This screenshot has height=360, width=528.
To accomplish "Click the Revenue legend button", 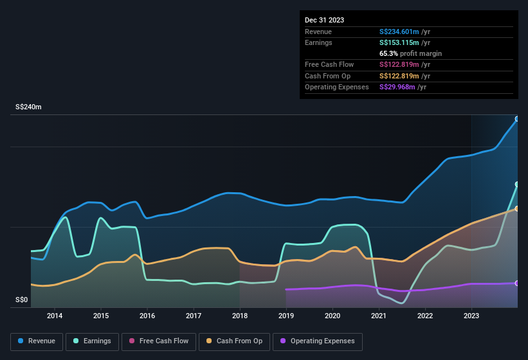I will tap(37, 341).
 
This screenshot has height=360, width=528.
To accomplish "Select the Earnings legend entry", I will tap(93, 341).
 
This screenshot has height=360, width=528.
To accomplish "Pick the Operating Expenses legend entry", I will tap(318, 341).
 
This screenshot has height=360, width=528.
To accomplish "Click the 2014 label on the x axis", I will tap(55, 316).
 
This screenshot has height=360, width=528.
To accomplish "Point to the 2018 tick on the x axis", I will tap(240, 316).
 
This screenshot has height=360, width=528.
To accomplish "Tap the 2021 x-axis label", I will tap(379, 316).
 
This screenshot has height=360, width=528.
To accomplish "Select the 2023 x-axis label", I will tap(471, 316).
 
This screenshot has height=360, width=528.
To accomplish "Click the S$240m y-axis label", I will tap(28, 107).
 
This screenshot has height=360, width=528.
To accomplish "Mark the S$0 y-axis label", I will tap(22, 300).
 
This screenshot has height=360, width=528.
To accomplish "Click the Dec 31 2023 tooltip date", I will tap(324, 20).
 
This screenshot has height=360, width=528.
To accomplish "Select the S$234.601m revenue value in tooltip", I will tap(399, 32).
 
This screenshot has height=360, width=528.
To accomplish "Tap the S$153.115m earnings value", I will tap(399, 42).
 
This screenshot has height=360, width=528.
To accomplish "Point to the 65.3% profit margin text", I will tap(410, 53).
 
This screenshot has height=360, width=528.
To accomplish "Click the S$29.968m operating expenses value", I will tap(397, 87).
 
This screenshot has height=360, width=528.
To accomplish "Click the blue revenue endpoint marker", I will tap(517, 119).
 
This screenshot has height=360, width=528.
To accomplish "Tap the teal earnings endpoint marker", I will tap(517, 184).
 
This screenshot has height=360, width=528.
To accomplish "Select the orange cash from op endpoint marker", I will tap(517, 208).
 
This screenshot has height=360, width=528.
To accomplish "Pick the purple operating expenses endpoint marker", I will tap(517, 283).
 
